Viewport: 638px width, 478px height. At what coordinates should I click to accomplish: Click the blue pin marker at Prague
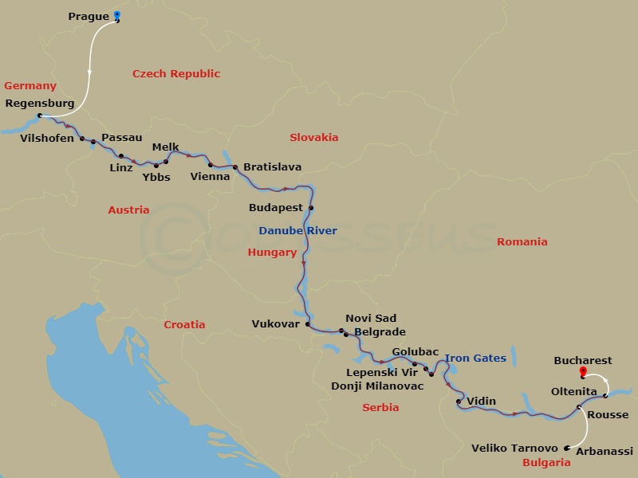coord(117,15)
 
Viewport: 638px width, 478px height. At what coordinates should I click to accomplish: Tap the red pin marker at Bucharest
coord(583,371)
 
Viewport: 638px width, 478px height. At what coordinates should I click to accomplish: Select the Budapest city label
coord(276,207)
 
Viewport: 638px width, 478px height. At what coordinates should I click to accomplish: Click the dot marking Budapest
coord(311,208)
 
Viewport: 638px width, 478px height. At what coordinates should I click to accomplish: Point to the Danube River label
coord(297,231)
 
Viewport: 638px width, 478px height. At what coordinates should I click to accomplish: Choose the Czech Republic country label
coord(176,74)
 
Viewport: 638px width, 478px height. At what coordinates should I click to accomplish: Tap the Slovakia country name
coord(314,137)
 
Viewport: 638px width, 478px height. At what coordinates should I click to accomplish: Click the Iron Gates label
coord(475,358)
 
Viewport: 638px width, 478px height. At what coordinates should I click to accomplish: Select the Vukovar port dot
coord(307,324)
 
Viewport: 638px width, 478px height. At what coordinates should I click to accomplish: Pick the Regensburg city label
coord(40,104)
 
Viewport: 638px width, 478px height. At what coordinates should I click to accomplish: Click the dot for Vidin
coord(459,402)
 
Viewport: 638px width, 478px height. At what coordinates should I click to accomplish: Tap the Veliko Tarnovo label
coord(515,449)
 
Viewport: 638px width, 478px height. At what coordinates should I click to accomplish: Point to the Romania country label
coord(522,241)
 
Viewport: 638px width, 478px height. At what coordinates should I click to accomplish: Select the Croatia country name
coord(184,324)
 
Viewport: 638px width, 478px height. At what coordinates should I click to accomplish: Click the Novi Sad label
coord(371,319)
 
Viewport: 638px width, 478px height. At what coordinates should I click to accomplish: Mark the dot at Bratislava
coord(235,167)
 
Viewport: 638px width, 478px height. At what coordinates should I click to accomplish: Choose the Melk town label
coord(165,147)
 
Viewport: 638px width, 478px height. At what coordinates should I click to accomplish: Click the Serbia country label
coord(380,408)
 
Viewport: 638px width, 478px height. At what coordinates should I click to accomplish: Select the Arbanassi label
coord(604,452)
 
